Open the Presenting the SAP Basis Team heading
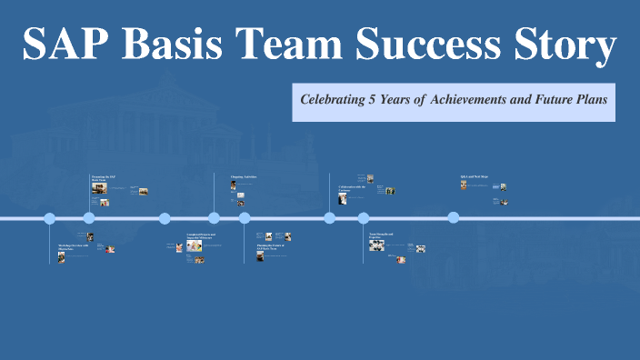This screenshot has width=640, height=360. (x=103, y=178)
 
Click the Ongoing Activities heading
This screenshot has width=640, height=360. (x=244, y=176)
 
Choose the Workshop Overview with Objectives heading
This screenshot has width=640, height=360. (x=73, y=246)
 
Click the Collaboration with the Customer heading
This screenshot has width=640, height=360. (x=351, y=187)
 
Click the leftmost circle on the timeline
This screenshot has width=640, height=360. (x=50, y=218)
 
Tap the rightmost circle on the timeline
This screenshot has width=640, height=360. (x=454, y=217)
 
